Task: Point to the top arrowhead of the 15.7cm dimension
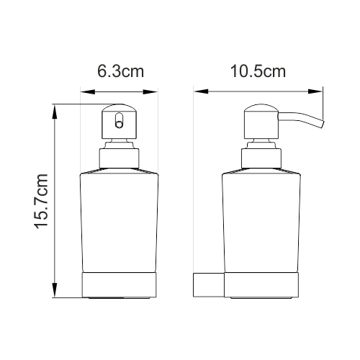tap(55, 109)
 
